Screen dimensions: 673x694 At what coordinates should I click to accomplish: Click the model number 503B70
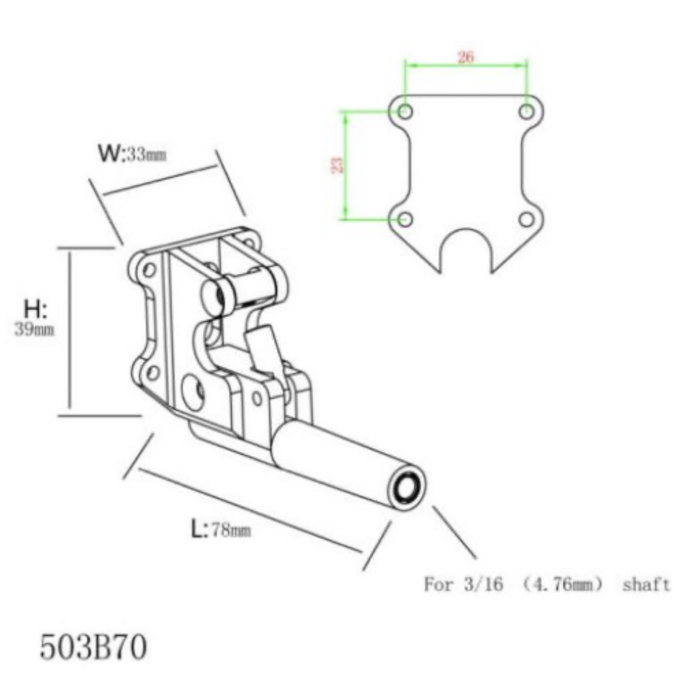tap(93, 646)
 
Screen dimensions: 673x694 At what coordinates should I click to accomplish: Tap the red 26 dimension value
tap(465, 57)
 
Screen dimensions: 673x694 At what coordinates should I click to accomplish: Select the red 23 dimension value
tap(337, 164)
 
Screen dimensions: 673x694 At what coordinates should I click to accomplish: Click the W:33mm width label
tap(132, 154)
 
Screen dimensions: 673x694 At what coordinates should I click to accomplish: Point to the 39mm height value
tap(34, 330)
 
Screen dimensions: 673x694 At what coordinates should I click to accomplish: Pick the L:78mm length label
tap(220, 530)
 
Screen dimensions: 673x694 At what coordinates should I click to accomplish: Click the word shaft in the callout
tap(646, 585)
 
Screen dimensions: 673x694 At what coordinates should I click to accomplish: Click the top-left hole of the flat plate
tap(405, 111)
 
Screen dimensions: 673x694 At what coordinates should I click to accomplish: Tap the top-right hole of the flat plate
tap(526, 111)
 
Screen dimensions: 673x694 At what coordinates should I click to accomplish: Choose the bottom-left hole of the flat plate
tap(405, 219)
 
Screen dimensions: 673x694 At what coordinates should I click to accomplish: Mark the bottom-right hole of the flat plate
tap(526, 219)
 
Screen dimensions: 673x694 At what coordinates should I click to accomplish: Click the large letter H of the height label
tap(35, 309)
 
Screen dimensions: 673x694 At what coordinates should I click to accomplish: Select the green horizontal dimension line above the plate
tap(465, 66)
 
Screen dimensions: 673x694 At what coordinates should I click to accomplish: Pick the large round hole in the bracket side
tap(194, 392)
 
